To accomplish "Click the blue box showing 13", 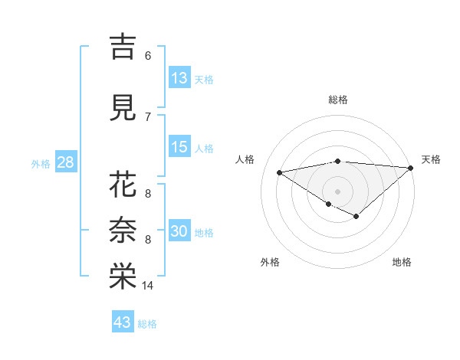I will point(179,78).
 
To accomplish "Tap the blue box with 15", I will point(179,147).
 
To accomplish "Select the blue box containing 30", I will point(179,231).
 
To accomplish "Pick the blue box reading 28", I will point(65,162).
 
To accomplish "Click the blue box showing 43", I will point(123,322).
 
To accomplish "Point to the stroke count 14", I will point(148,286).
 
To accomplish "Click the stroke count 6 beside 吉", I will point(147,56).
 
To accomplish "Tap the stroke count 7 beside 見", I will point(147,117).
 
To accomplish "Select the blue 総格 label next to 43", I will point(147,324).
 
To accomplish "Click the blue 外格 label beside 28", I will point(41,163).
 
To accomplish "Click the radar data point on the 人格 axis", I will point(279,172).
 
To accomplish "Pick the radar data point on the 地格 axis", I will point(356,217).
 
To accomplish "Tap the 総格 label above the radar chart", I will point(337,100).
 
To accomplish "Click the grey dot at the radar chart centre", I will point(337,191).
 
